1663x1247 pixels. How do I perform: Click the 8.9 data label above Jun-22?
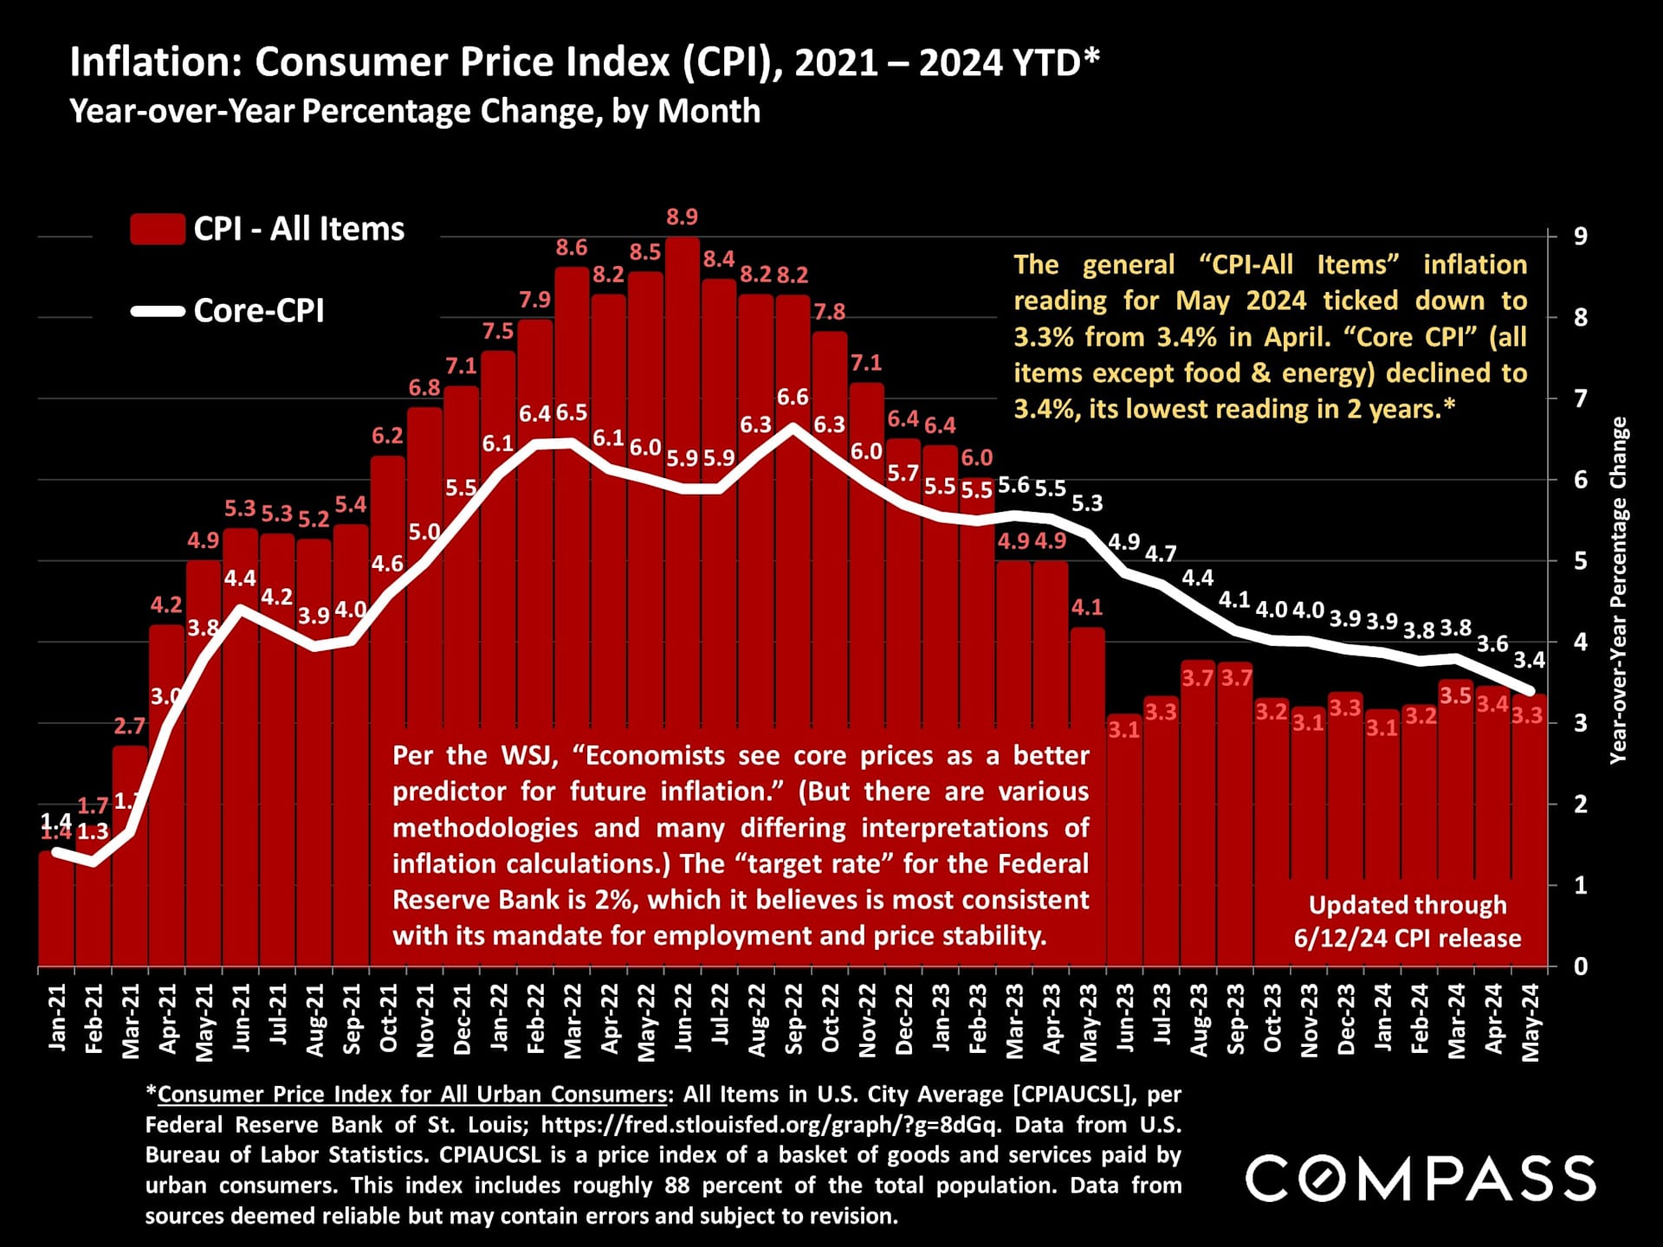click(x=683, y=217)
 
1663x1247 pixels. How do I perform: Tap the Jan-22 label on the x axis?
click(x=499, y=1018)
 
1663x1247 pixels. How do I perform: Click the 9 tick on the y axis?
click(x=1580, y=236)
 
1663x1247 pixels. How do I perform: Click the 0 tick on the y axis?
click(x=1580, y=966)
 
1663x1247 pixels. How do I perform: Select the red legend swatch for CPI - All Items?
click(x=157, y=229)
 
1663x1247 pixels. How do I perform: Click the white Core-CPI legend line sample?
click(x=157, y=311)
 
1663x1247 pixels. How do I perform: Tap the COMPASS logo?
click(x=1420, y=1179)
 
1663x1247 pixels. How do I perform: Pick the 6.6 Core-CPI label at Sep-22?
click(x=793, y=397)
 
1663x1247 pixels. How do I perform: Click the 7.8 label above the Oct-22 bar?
click(x=830, y=312)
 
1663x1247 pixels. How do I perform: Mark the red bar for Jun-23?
click(x=1124, y=849)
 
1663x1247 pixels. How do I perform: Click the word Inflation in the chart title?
click(x=153, y=62)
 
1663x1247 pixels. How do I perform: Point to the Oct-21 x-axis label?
click(x=388, y=1018)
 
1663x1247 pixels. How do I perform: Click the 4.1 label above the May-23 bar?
click(x=1087, y=608)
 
